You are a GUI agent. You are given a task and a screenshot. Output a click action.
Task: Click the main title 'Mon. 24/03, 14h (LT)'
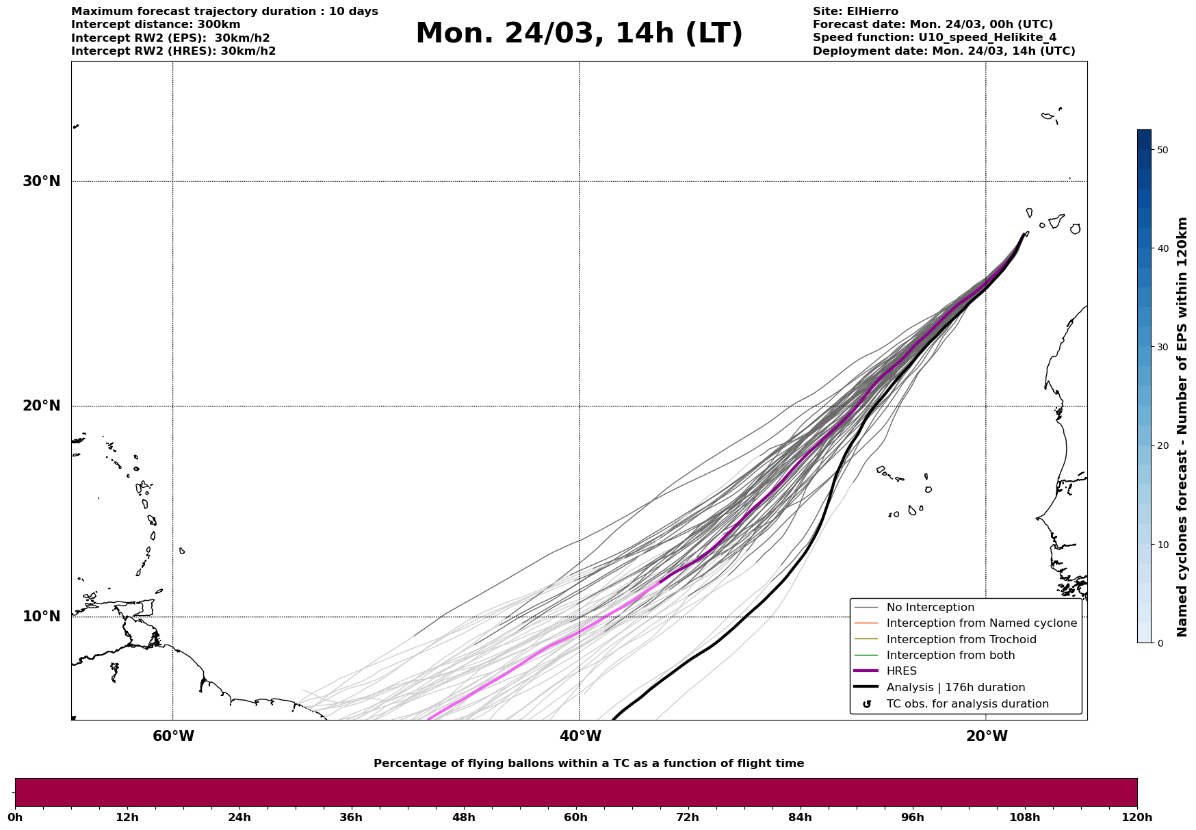pyautogui.click(x=579, y=34)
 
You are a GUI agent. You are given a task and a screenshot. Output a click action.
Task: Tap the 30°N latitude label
pyautogui.click(x=41, y=181)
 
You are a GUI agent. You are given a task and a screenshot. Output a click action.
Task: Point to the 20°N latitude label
pyautogui.click(x=41, y=406)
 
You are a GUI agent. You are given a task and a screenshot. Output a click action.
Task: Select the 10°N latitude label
pyautogui.click(x=41, y=617)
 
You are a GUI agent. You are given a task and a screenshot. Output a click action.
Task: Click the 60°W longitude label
pyautogui.click(x=173, y=736)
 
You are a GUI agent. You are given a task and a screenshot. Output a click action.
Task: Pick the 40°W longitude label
pyautogui.click(x=580, y=736)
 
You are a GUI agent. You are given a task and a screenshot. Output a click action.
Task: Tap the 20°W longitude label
pyautogui.click(x=987, y=736)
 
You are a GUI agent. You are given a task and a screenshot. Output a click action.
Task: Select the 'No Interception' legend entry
pyautogui.click(x=930, y=608)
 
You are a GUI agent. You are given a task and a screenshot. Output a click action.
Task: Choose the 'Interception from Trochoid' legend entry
pyautogui.click(x=961, y=640)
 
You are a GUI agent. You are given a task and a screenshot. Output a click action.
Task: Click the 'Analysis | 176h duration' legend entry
pyautogui.click(x=955, y=687)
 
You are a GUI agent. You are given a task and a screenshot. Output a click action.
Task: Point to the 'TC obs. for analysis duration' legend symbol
pyautogui.click(x=867, y=704)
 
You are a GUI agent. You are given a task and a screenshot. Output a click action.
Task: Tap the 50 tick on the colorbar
pyautogui.click(x=1162, y=150)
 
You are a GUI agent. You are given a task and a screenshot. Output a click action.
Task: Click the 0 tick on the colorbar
pyautogui.click(x=1159, y=643)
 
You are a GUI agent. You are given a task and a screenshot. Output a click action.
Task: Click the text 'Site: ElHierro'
pyautogui.click(x=855, y=12)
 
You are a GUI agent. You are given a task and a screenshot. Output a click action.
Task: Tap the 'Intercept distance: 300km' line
pyautogui.click(x=156, y=25)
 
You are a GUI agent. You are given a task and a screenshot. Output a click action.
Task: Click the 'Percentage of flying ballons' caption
pyautogui.click(x=588, y=764)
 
